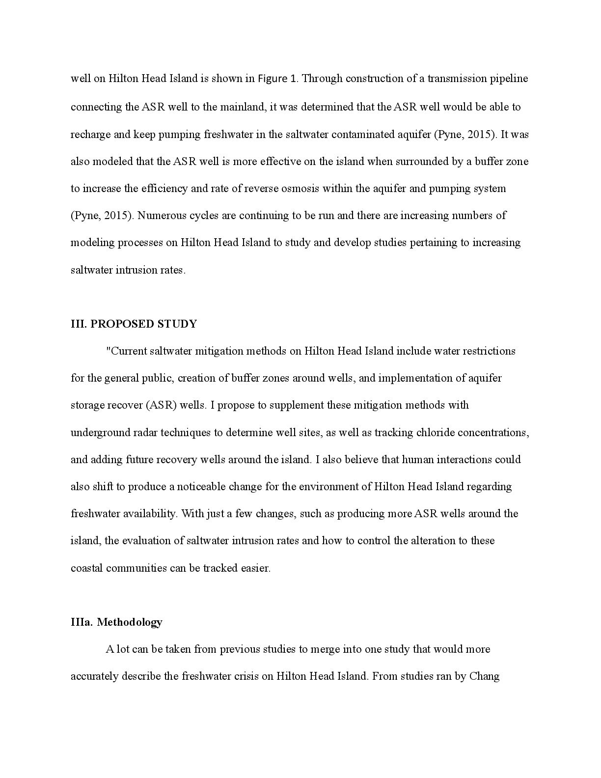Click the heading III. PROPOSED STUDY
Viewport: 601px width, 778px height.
[x=134, y=324]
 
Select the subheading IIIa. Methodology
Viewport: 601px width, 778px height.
[x=116, y=622]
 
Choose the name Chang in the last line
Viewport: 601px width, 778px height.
[x=485, y=676]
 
